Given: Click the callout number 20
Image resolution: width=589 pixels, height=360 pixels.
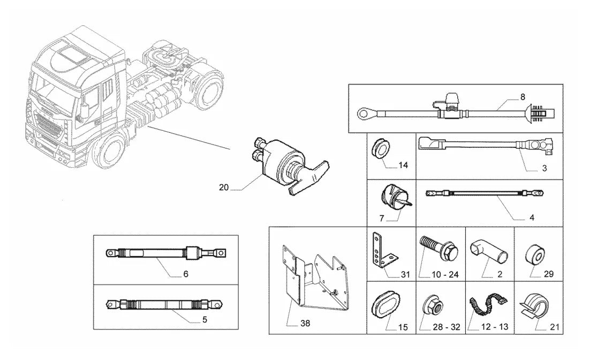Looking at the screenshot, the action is click(x=223, y=187).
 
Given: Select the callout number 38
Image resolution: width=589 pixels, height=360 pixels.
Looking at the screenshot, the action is click(x=305, y=323).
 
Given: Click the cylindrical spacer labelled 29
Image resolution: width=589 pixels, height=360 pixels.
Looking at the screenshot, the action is click(x=535, y=256).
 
